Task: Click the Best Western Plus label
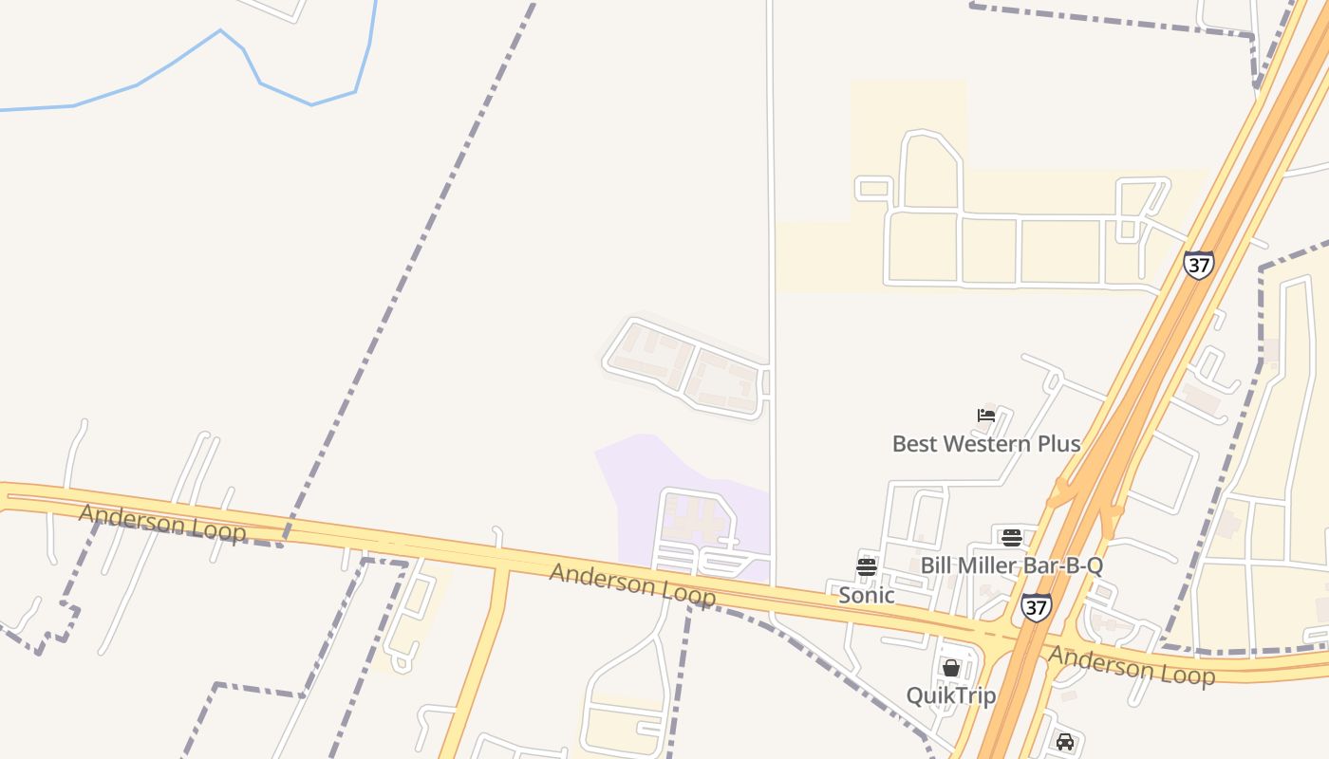(x=985, y=443)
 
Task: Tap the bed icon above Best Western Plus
(x=986, y=415)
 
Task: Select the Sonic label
(x=866, y=595)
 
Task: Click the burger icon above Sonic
(x=866, y=567)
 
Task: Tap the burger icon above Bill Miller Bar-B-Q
(x=1011, y=538)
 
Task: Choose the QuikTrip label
(x=950, y=695)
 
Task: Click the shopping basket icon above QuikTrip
(x=951, y=668)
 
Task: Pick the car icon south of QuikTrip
(x=1065, y=741)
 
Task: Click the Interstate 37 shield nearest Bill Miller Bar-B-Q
(x=1036, y=606)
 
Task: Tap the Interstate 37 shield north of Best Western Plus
(x=1198, y=264)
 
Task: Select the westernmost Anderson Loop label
(x=162, y=524)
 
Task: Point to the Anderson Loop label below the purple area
(x=632, y=583)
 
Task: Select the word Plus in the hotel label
(x=1058, y=443)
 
